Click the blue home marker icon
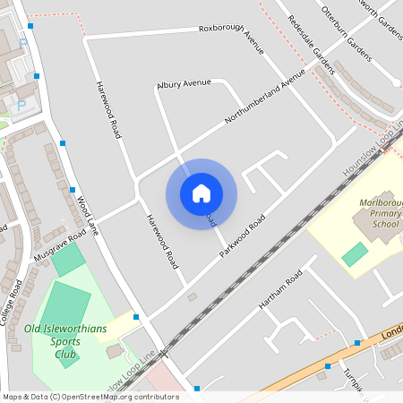coord(201,193)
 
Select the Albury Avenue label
coord(184,83)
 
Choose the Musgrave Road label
coord(60,245)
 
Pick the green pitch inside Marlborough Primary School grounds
coord(355,253)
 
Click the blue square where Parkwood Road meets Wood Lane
coord(136,317)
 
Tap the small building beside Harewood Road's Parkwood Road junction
coord(192,296)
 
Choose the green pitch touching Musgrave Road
coord(67,260)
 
